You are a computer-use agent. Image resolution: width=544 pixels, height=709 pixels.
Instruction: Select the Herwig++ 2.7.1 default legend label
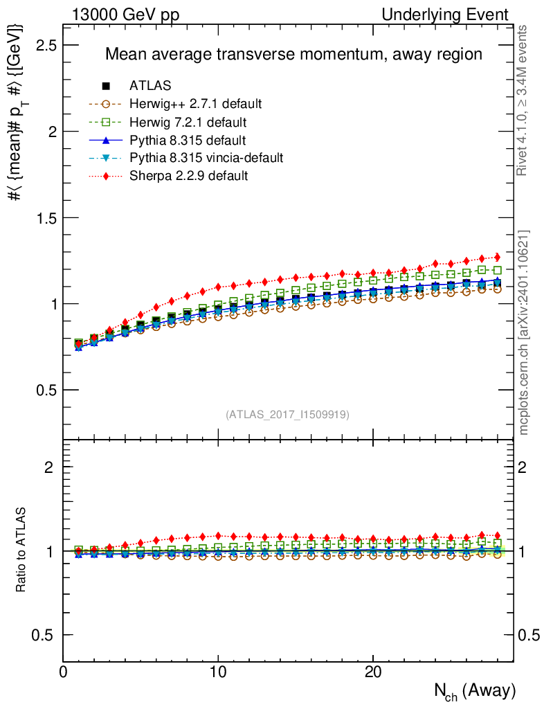tap(195, 105)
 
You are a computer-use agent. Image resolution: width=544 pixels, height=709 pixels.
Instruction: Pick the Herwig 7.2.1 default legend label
tap(189, 123)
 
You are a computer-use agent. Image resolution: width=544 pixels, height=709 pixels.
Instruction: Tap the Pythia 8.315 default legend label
tap(188, 141)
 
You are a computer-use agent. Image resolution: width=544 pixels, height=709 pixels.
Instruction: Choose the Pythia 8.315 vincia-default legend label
tap(206, 158)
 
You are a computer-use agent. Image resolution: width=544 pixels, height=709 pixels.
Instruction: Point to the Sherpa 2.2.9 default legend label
tap(188, 176)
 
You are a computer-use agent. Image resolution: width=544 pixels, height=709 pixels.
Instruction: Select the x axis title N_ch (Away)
tap(474, 690)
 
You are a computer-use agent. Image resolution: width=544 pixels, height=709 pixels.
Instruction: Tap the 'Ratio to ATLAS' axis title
tap(22, 550)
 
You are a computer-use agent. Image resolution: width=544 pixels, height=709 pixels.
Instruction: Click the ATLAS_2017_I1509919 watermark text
tap(287, 415)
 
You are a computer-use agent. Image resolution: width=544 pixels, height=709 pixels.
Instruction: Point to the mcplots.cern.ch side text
tap(525, 332)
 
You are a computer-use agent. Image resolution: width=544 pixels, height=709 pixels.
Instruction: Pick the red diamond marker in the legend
tap(106, 176)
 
